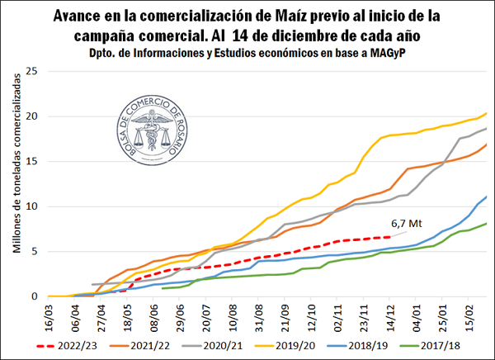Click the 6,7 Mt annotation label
(405, 222)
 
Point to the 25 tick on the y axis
(33, 70)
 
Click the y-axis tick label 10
(33, 206)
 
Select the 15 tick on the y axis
(33, 161)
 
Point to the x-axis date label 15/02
(470, 315)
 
